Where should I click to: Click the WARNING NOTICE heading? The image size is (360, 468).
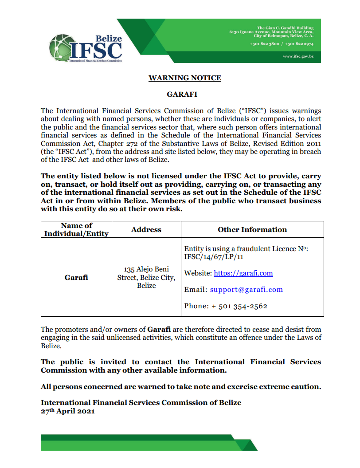click(x=184, y=78)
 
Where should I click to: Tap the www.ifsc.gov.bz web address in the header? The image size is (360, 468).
click(x=298, y=57)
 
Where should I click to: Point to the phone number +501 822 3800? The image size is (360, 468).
click(x=264, y=44)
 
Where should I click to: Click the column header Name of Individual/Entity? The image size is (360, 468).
click(x=76, y=229)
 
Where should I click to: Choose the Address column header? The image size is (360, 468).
click(x=146, y=229)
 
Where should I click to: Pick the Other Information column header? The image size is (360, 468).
click(x=252, y=229)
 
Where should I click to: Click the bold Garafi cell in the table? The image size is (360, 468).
click(x=76, y=277)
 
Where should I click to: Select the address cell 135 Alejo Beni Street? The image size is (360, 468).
click(x=146, y=277)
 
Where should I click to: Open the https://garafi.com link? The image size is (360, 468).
click(x=243, y=273)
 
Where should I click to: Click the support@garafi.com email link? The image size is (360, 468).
click(x=246, y=290)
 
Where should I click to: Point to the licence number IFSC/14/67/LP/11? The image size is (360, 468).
click(x=214, y=257)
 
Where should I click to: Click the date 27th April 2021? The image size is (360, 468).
click(x=68, y=411)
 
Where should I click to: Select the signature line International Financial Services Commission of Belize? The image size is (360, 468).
click(x=141, y=403)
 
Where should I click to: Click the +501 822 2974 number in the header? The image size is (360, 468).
click(x=299, y=44)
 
